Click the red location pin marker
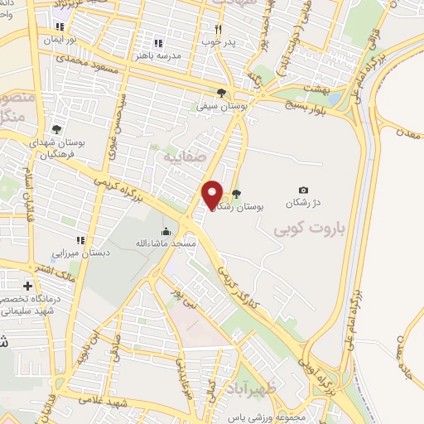tap(213, 195)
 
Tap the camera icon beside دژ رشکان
tap(303, 190)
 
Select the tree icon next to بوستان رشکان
tap(237, 195)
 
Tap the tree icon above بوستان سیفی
tap(220, 93)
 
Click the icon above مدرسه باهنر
tap(157, 43)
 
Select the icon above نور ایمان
tap(60, 27)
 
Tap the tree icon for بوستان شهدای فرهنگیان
tap(55, 129)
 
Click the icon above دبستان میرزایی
tap(79, 241)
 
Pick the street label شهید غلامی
tap(127, 401)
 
